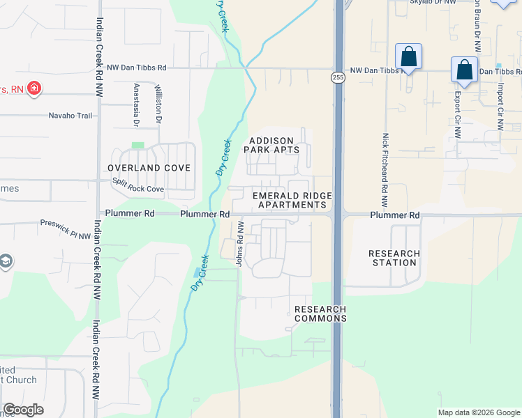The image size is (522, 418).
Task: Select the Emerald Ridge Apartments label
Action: (292, 201)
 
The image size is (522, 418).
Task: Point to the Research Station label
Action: (394, 258)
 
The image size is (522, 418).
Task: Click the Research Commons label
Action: (320, 313)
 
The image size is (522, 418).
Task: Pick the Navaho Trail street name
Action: (70, 116)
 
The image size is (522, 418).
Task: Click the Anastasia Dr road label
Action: (136, 105)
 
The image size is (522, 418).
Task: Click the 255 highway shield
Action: (338, 77)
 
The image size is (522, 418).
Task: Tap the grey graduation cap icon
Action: (6, 261)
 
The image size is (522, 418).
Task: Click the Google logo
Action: (23, 409)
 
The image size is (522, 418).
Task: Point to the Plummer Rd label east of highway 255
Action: (395, 215)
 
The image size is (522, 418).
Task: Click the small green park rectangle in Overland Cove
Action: (138, 146)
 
